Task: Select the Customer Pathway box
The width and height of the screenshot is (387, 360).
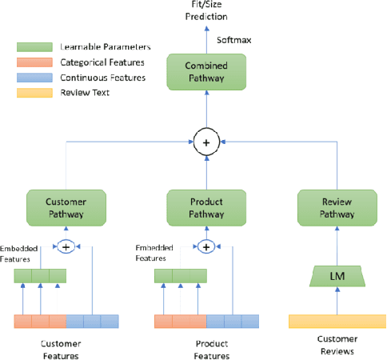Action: point(66,207)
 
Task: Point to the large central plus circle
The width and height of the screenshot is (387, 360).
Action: point(206,143)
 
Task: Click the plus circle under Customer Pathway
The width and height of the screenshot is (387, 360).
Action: point(66,246)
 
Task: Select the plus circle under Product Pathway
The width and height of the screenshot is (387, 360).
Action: point(206,246)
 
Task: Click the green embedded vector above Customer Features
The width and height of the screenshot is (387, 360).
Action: point(40,277)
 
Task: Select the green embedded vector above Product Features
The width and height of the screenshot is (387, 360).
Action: point(180,277)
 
